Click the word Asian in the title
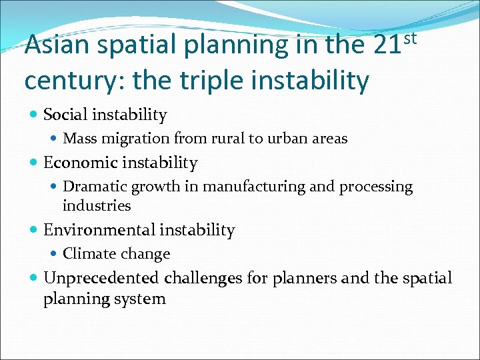coord(57,45)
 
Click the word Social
coord(65,115)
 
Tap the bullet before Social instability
coord(34,115)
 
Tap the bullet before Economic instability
coord(34,163)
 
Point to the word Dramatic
coord(93,187)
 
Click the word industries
coord(96,206)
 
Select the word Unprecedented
coord(101,278)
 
